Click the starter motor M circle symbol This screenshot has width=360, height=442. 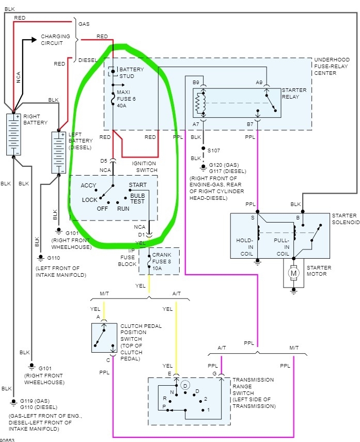(293, 273)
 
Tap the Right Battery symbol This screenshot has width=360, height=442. (13, 134)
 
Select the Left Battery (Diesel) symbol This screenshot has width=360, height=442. (59, 152)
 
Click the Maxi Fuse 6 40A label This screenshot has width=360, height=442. (126, 99)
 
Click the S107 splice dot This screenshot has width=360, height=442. (203, 148)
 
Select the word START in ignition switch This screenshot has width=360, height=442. (137, 185)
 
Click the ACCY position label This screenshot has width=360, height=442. (88, 185)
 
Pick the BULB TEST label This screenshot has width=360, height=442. (137, 198)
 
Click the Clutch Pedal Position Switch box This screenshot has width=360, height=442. (104, 338)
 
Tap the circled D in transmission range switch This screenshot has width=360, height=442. (185, 386)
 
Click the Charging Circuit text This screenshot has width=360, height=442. (55, 40)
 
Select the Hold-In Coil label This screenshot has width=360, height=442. (245, 247)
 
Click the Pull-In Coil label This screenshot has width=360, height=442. (281, 247)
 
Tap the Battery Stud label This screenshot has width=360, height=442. (131, 73)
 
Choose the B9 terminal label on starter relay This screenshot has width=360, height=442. (196, 83)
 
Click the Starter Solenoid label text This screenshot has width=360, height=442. (346, 219)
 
